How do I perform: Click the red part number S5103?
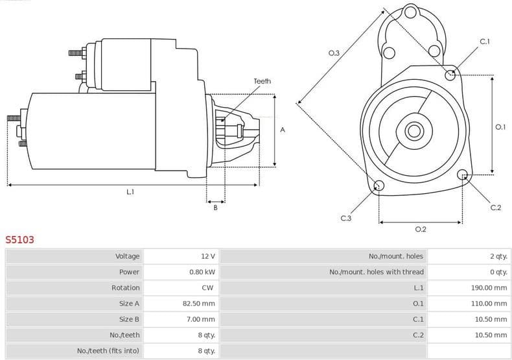coord(20,239)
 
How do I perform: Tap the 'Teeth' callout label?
coord(262,81)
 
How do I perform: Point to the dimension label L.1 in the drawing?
coord(130,192)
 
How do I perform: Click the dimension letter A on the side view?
coord(283,130)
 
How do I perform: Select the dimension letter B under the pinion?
coord(216,208)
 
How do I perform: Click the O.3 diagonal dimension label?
coord(334,53)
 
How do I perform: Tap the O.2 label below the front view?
coord(421,229)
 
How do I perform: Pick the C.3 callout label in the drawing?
coord(345,218)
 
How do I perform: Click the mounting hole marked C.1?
coord(450,75)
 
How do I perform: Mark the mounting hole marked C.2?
coord(463,174)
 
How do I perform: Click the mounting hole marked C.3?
coord(379,187)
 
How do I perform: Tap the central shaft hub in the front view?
coord(414,130)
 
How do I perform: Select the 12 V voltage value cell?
coord(207,256)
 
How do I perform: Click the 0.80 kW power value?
coord(202,272)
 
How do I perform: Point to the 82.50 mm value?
coord(198,303)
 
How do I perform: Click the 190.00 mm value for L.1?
coord(489,287)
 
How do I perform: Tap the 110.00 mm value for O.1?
coord(489,303)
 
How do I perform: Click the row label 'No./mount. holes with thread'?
coord(377,272)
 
